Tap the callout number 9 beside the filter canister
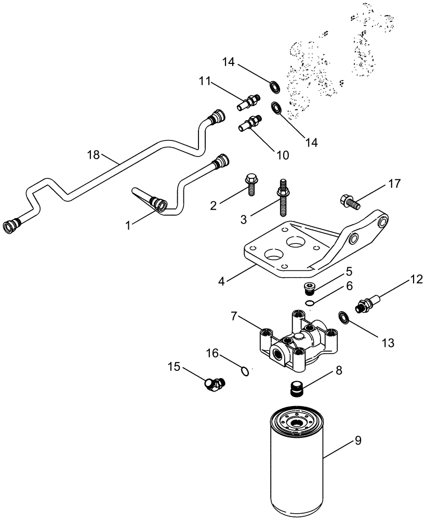pos(358,440)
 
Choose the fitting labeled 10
pos(251,123)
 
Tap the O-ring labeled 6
pos(310,304)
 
